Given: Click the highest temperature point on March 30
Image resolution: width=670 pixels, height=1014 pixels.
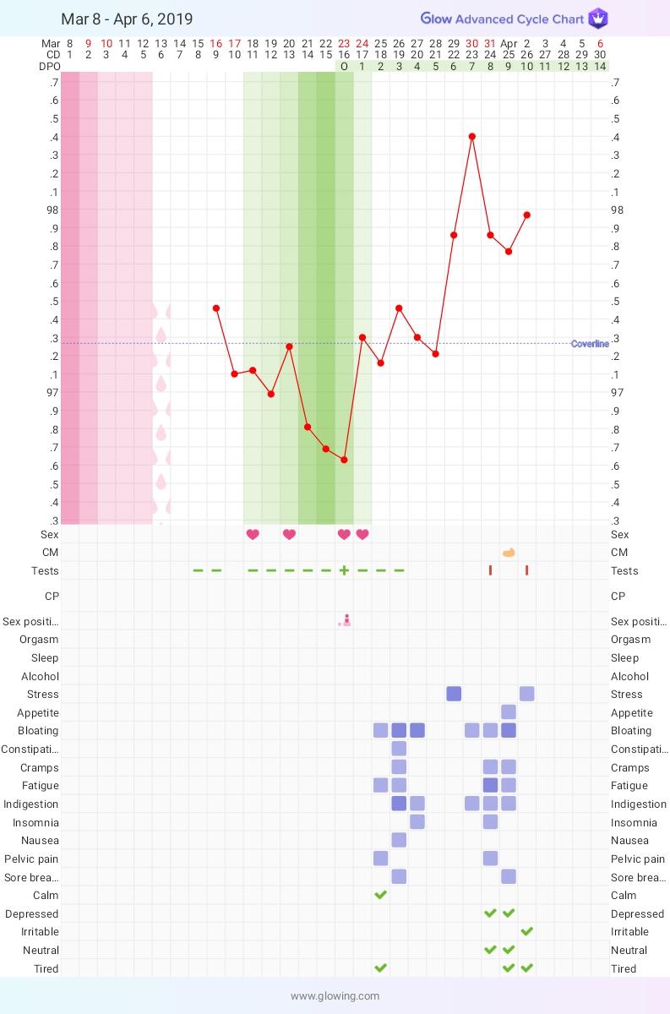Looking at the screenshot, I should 472,136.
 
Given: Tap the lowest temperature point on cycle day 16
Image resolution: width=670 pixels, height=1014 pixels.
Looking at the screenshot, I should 344,460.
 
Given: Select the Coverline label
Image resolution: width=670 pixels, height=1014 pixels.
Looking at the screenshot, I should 590,344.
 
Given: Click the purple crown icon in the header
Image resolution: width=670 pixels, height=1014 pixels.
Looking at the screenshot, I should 598,19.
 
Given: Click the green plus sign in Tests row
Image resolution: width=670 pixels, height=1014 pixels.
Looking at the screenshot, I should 344,570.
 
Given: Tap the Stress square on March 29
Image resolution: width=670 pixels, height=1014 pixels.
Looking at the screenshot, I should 454,694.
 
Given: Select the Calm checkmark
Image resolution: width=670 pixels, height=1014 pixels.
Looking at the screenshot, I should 380,895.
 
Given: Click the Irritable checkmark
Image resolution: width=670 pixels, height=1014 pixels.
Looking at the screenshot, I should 527,931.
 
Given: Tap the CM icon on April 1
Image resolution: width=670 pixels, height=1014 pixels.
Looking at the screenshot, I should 509,553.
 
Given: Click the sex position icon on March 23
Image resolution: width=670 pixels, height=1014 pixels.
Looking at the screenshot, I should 345,621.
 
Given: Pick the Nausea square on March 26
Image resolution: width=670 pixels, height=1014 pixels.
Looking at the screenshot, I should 399,840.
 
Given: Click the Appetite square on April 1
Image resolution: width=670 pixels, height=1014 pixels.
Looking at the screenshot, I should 509,712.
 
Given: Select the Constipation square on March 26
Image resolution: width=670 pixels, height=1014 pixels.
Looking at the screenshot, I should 399,749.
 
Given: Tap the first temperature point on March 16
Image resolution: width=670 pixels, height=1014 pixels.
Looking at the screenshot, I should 216,308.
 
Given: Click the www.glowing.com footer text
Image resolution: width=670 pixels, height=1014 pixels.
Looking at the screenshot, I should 335,995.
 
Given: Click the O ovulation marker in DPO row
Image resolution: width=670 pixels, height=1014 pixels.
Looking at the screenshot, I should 344,66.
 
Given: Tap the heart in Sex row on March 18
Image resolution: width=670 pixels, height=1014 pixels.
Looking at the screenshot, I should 252,534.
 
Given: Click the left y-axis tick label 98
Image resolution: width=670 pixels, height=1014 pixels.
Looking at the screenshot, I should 52,210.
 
